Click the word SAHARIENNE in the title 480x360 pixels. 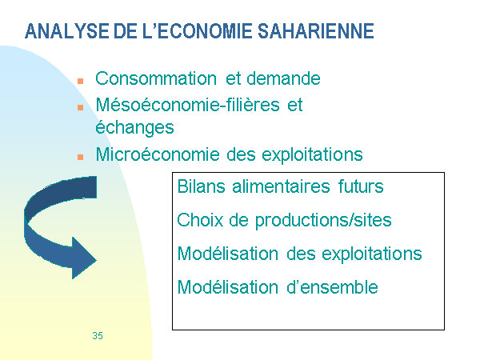(x=316, y=31)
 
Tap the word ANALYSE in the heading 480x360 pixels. (x=66, y=31)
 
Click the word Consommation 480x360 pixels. (x=156, y=78)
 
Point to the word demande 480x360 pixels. (x=283, y=78)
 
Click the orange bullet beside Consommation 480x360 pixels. (x=81, y=81)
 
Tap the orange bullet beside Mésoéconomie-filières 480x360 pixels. (x=81, y=107)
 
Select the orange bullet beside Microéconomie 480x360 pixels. (x=81, y=157)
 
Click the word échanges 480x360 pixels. (x=134, y=127)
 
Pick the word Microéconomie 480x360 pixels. (x=158, y=154)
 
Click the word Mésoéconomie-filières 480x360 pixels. (x=188, y=105)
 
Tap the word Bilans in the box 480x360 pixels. (x=202, y=186)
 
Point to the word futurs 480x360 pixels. (x=361, y=186)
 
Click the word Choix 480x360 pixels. (x=200, y=220)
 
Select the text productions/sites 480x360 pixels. (x=323, y=221)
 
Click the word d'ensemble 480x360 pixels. (x=333, y=287)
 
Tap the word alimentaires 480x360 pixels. (x=281, y=186)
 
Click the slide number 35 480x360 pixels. (x=98, y=335)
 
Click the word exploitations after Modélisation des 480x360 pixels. (x=372, y=254)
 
